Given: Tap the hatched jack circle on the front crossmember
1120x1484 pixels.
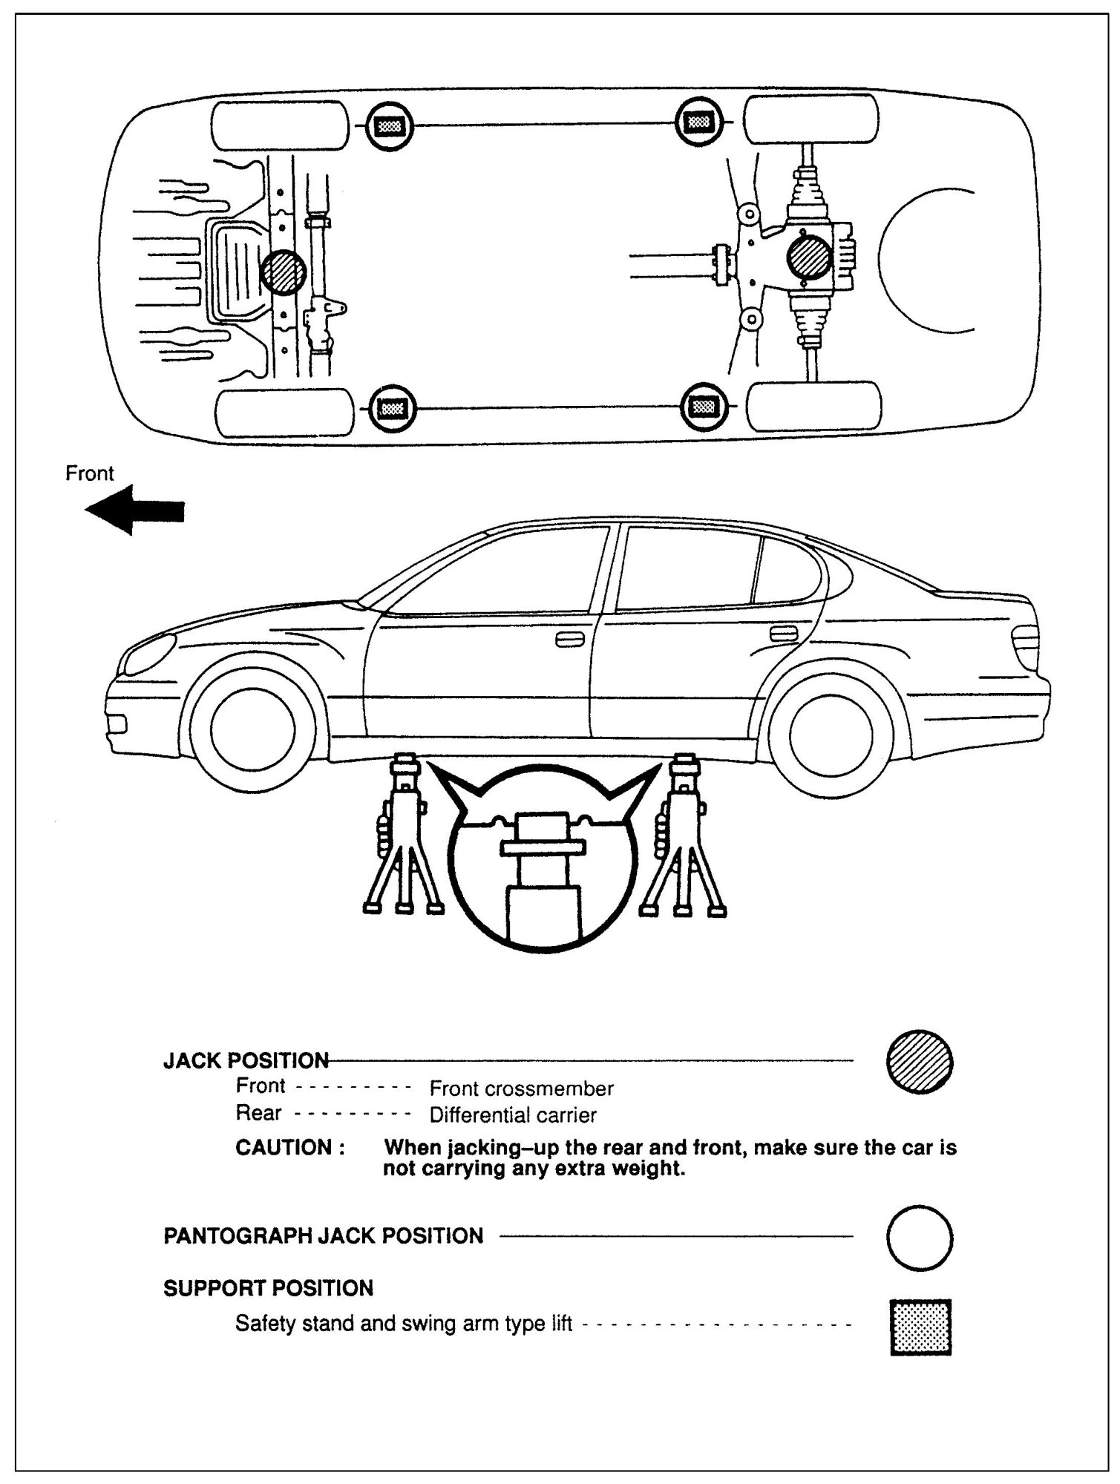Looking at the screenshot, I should click(284, 272).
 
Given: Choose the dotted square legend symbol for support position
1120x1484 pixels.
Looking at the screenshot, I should click(920, 1327).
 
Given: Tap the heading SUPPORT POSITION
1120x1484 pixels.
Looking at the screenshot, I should click(268, 1288).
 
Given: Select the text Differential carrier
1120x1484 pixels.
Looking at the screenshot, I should click(513, 1115).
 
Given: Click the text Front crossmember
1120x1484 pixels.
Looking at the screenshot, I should click(521, 1089).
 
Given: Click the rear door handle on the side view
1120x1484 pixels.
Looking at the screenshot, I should click(784, 634).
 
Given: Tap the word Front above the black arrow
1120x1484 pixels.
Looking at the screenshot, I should click(90, 473).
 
